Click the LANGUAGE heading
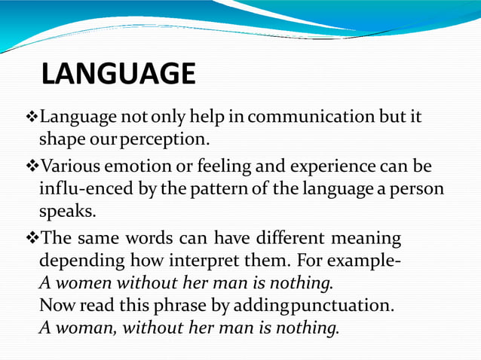click(x=118, y=75)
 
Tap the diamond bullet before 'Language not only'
click(x=32, y=118)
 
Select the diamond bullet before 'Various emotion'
click(x=32, y=165)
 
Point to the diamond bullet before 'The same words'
click(x=32, y=239)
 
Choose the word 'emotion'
click(x=133, y=165)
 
